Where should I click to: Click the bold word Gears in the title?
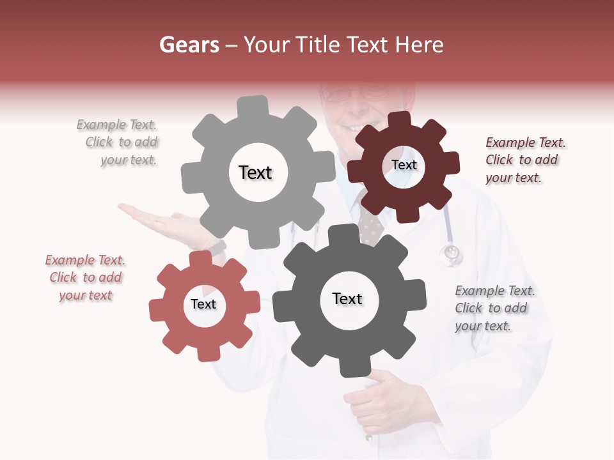click(189, 45)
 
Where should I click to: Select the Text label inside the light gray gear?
click(255, 172)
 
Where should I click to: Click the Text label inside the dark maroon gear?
click(404, 165)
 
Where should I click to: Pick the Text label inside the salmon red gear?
click(203, 304)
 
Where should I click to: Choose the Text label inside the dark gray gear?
click(347, 298)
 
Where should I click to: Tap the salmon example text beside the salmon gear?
click(85, 277)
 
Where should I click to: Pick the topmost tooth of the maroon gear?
click(399, 120)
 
